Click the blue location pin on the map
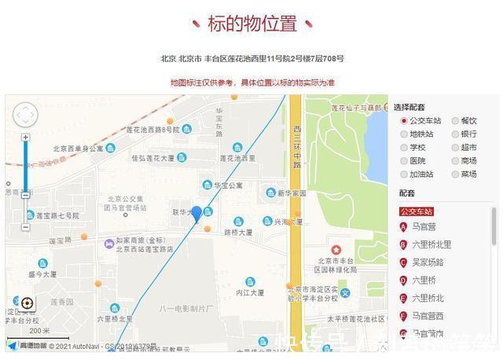pyautogui.click(x=196, y=213)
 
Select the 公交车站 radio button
pyautogui.click(x=404, y=121)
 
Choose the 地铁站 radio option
pyautogui.click(x=404, y=134)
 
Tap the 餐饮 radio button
pyautogui.click(x=455, y=121)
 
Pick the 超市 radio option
pyautogui.click(x=455, y=148)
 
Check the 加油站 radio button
pyautogui.click(x=404, y=174)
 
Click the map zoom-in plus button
pyautogui.click(x=26, y=138)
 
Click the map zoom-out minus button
pyautogui.click(x=26, y=227)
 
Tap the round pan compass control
pyautogui.click(x=25, y=116)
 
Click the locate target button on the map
pyautogui.click(x=27, y=303)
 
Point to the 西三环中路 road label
pyautogui.click(x=297, y=145)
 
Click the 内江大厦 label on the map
pyautogui.click(x=250, y=292)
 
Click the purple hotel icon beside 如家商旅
pyautogui.click(x=108, y=244)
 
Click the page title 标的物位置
pyautogui.click(x=251, y=24)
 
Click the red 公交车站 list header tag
pyautogui.click(x=417, y=211)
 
